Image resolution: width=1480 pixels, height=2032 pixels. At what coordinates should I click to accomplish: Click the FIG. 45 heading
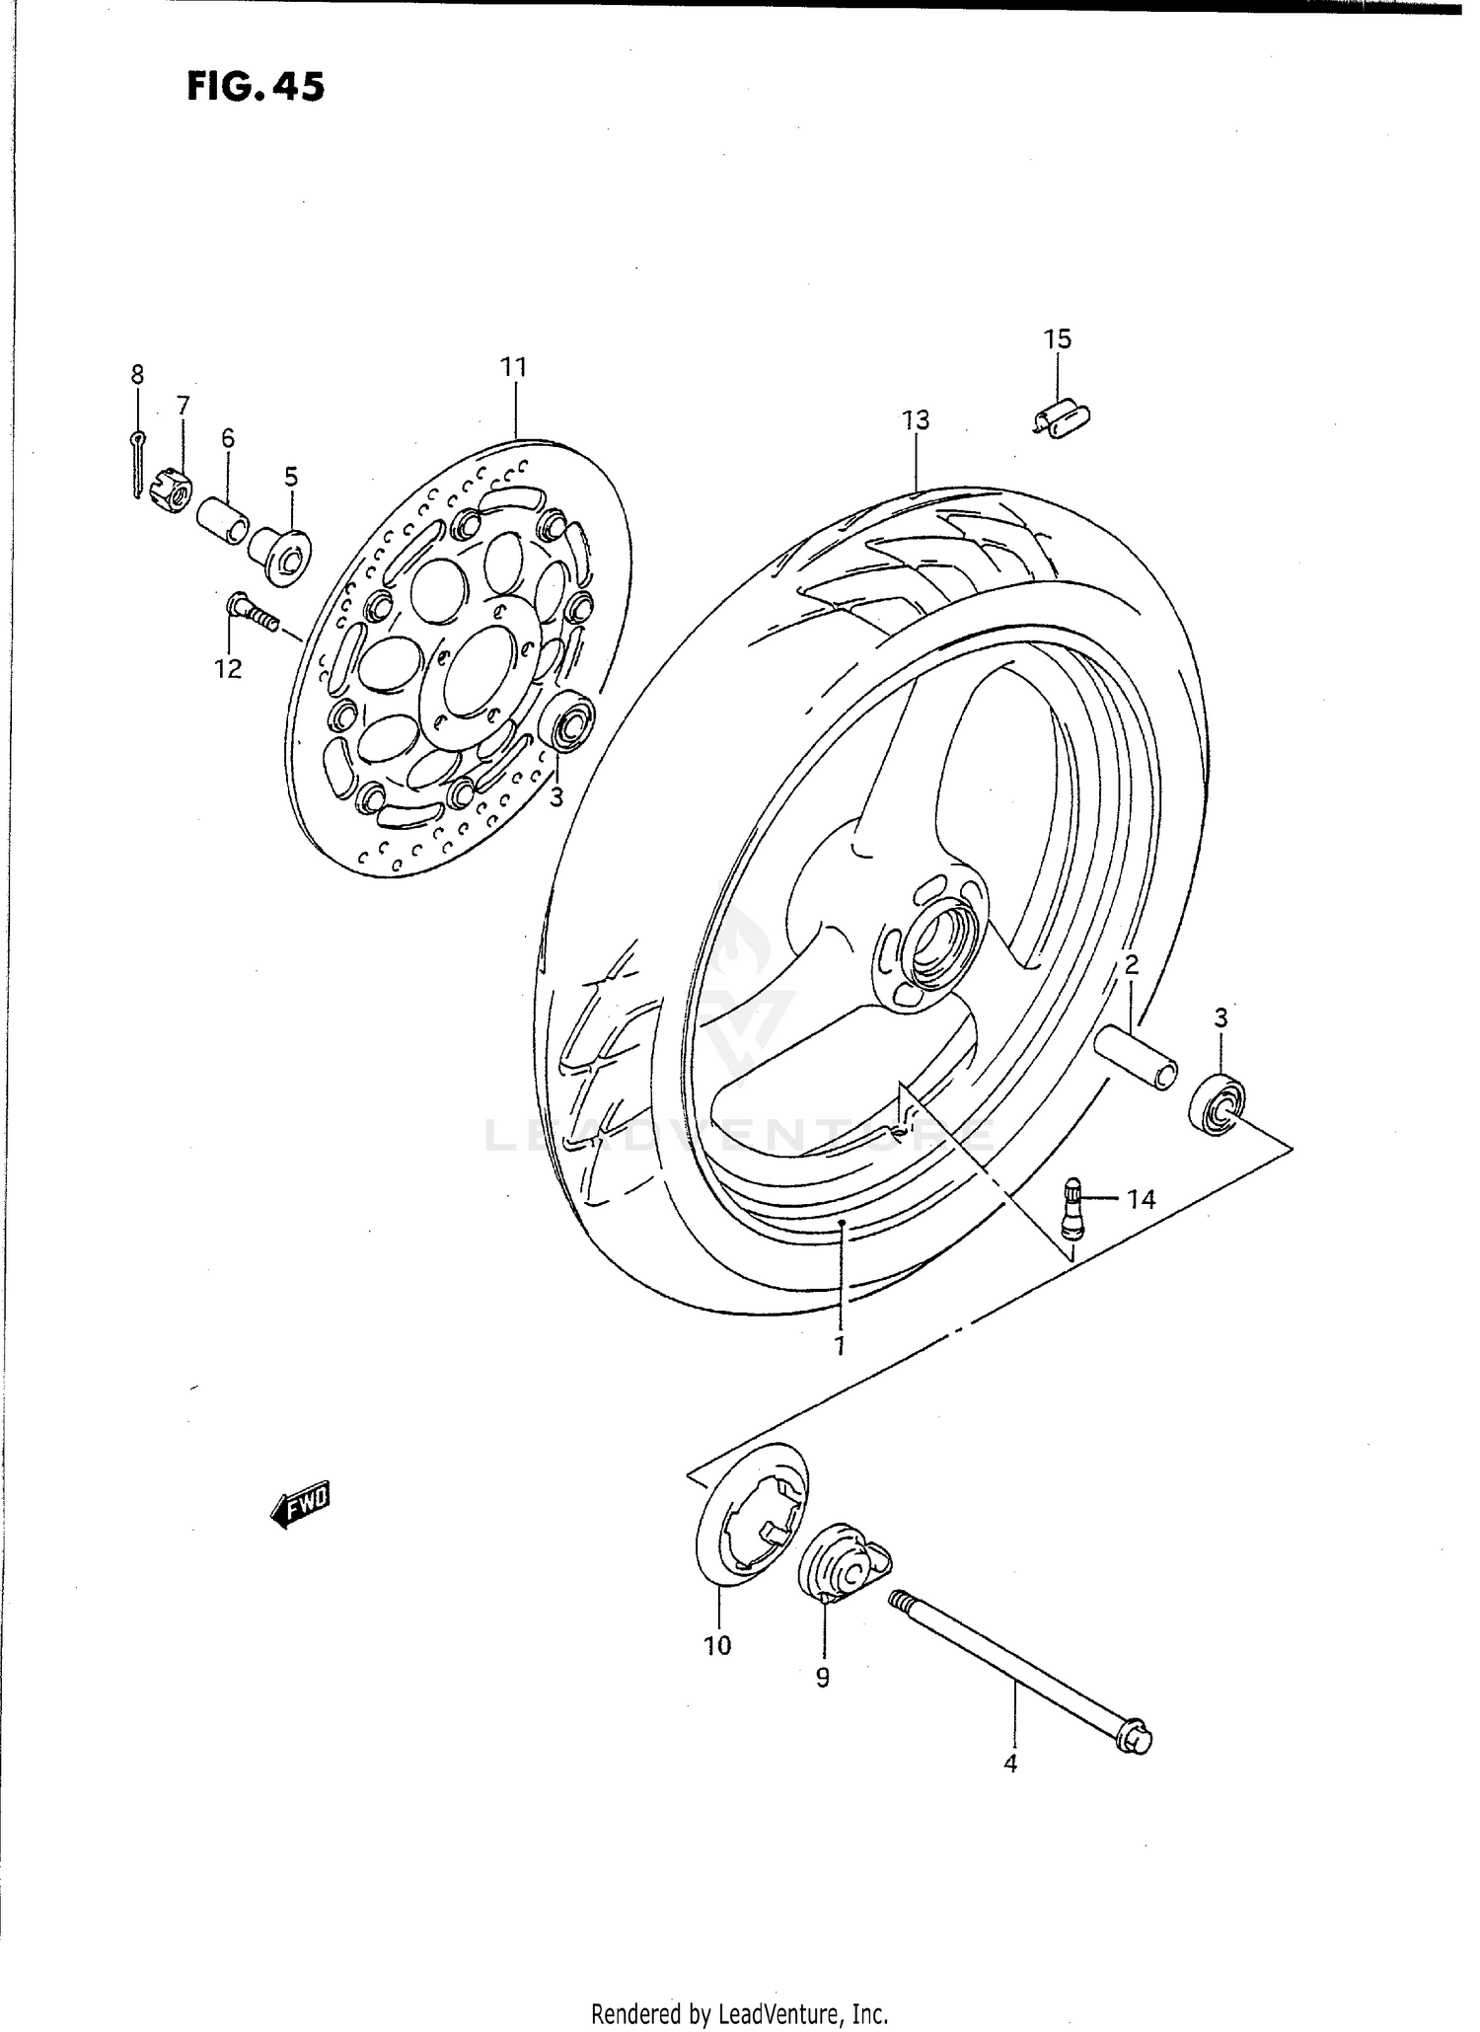(x=255, y=87)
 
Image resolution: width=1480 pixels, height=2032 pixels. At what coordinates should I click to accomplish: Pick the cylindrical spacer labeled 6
(x=224, y=521)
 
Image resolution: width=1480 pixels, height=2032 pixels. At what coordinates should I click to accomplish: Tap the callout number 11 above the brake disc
(x=513, y=368)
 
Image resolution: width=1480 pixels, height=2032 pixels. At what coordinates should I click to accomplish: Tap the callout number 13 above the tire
(x=916, y=420)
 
